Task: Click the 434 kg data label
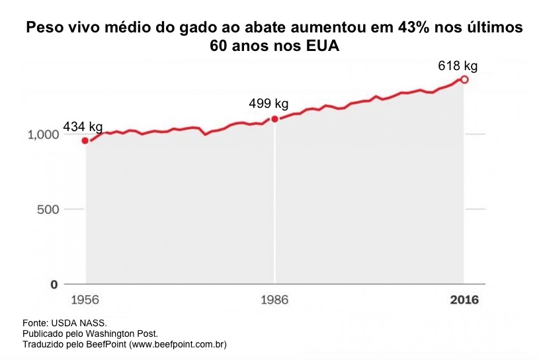(83, 126)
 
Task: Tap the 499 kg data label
(269, 104)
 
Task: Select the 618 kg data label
(458, 66)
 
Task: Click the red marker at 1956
(85, 140)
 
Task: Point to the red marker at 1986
(274, 119)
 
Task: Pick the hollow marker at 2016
(464, 79)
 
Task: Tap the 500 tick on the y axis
(49, 210)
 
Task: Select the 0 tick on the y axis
(54, 285)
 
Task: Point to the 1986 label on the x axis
(274, 300)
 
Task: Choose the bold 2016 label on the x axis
(464, 300)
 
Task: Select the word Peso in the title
(42, 29)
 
